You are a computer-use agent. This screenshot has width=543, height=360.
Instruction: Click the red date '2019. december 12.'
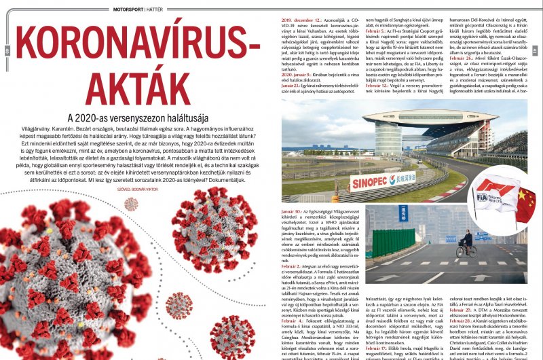coord(300,22)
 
